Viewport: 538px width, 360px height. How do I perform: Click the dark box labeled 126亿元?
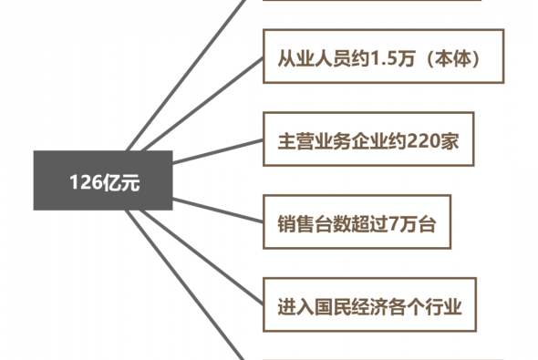click(x=103, y=180)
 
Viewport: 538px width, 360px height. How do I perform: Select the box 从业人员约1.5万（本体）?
click(x=383, y=57)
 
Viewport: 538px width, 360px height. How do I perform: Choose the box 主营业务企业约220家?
click(x=368, y=139)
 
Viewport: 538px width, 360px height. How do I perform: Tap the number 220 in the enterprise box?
click(x=424, y=141)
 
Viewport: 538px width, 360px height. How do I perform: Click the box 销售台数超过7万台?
click(x=357, y=221)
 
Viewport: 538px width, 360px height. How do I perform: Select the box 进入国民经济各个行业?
click(x=369, y=304)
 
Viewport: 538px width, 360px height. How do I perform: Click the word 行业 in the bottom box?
click(x=444, y=307)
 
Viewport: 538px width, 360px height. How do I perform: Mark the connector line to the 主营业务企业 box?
click(x=218, y=151)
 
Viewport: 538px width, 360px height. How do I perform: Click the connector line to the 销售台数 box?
click(x=218, y=211)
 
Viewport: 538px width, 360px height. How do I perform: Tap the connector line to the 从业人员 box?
click(x=202, y=104)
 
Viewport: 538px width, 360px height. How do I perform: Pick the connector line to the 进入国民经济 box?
click(x=202, y=257)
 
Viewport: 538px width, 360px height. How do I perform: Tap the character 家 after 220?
click(x=450, y=141)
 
